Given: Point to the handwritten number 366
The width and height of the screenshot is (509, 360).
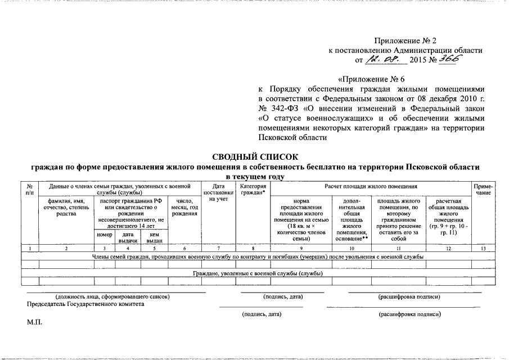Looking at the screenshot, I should pyautogui.click(x=448, y=58).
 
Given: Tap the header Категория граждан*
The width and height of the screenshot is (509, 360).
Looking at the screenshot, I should pyautogui.click(x=251, y=189).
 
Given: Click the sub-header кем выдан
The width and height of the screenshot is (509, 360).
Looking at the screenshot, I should pyautogui.click(x=154, y=237).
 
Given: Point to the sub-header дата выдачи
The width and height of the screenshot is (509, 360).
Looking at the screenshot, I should pyautogui.click(x=128, y=237).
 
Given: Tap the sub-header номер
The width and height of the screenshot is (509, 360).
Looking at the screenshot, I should pyautogui.click(x=104, y=235).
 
